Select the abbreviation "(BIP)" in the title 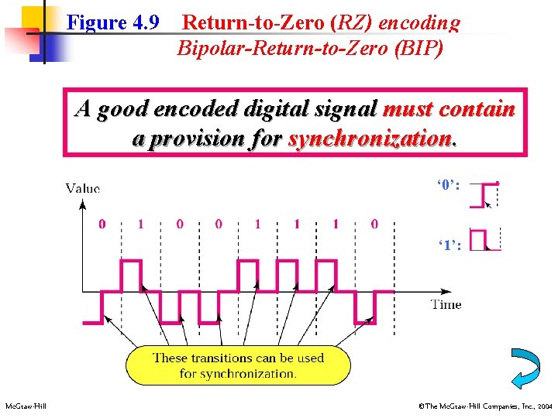pos(419,49)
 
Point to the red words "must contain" pos(449,108)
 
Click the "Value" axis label pos(83,188)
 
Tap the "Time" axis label pos(446,304)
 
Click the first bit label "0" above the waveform pos(102,224)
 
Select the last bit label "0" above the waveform pos(375,224)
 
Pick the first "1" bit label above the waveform pos(141,224)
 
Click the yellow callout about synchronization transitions pos(236,365)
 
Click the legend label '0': pos(449,186)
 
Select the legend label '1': pos(449,245)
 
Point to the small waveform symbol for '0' pos(489,194)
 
